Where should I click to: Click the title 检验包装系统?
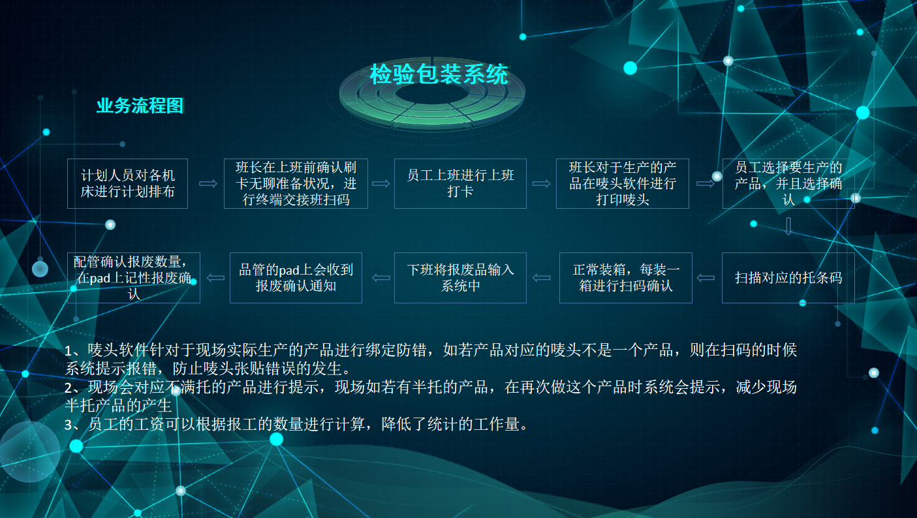[x=439, y=74]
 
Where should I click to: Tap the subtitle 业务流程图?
[x=140, y=106]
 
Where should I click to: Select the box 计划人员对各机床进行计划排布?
[x=128, y=184]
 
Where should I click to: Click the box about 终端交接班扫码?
[x=296, y=184]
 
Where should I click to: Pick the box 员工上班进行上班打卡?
[x=460, y=184]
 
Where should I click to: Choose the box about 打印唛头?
[x=622, y=184]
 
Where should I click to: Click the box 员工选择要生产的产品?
[x=788, y=184]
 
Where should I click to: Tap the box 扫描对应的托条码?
[x=788, y=278]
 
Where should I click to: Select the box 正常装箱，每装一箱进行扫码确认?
[x=626, y=278]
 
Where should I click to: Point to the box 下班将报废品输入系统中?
[x=460, y=278]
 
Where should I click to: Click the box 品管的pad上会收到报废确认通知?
[x=296, y=278]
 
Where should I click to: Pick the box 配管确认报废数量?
[x=134, y=278]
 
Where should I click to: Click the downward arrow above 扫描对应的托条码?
[x=788, y=226]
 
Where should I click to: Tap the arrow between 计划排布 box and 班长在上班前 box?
[x=208, y=184]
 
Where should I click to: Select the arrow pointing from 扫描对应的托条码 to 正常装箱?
[x=706, y=278]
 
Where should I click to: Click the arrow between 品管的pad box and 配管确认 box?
[x=215, y=278]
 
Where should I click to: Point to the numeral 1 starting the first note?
[x=69, y=351]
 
